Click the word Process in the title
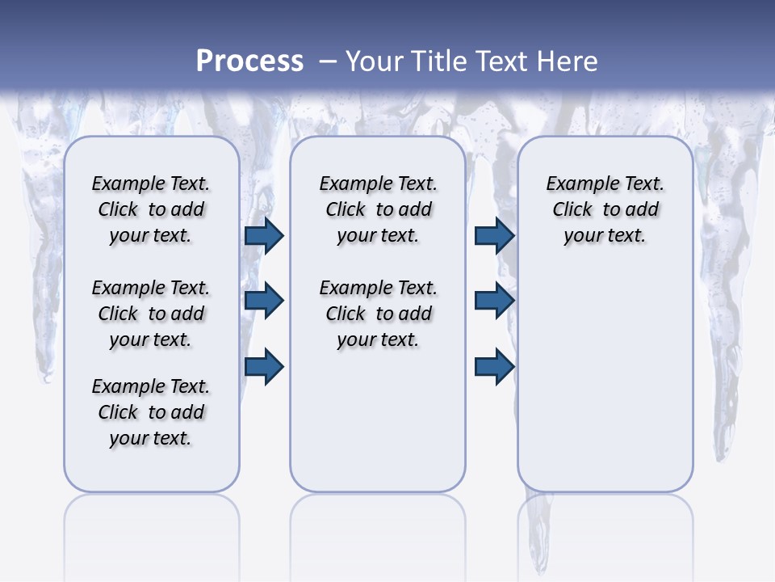[249, 61]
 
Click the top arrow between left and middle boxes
[264, 236]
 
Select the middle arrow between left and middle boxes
[264, 302]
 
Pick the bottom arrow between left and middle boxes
[264, 367]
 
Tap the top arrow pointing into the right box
[495, 236]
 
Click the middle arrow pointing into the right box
[495, 302]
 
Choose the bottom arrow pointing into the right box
[495, 367]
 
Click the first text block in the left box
[151, 209]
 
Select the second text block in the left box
[151, 314]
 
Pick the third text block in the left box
[151, 412]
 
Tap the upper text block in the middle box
[378, 209]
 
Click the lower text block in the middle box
[378, 314]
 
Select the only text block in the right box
[605, 209]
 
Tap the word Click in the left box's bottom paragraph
[118, 412]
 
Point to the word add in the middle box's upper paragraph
[415, 210]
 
